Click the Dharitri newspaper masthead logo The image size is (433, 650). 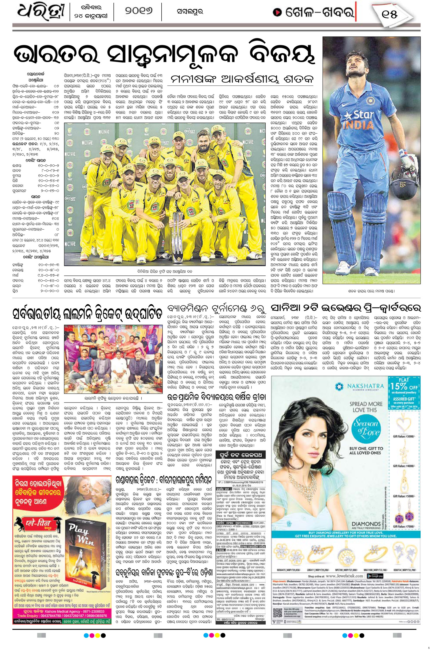(x=40, y=12)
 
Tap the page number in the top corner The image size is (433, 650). (x=390, y=14)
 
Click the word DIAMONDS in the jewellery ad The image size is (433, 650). (x=366, y=524)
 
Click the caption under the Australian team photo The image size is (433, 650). (x=165, y=271)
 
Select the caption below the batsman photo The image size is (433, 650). (x=371, y=291)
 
